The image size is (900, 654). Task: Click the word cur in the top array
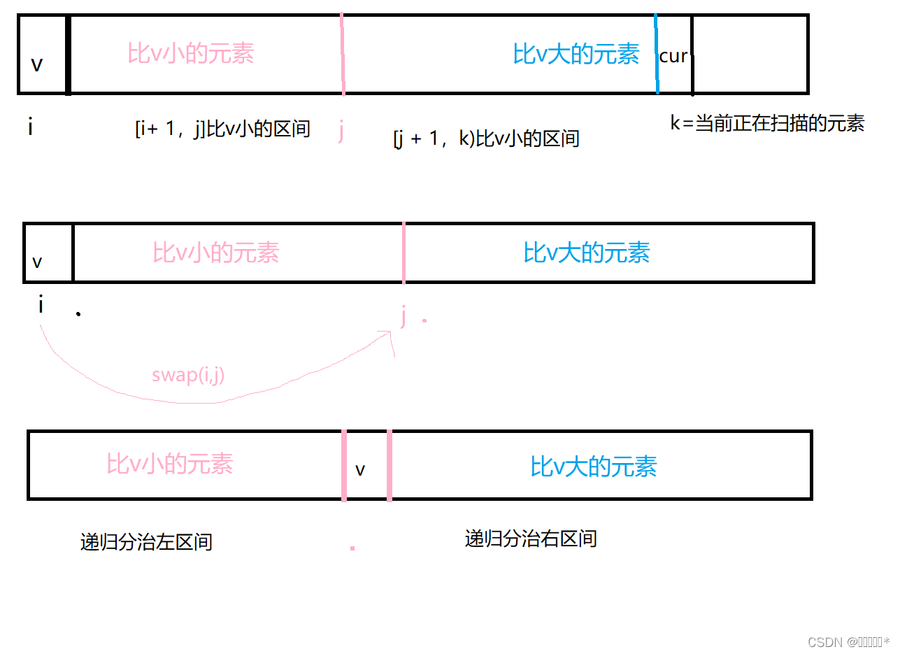673,57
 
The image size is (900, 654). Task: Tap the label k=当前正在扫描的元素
767,124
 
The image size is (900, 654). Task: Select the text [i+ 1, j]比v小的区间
222,129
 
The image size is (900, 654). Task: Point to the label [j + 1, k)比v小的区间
487,138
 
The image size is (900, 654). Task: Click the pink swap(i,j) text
188,375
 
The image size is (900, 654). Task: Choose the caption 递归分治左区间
146,542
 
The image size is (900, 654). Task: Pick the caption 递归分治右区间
531,539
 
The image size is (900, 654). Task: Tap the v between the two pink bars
360,470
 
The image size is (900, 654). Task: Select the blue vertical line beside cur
657,55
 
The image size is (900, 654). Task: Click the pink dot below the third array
352,548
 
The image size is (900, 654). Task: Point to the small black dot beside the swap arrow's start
78,314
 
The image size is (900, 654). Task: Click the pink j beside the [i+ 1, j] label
341,131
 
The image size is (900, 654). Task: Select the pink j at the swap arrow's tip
403,317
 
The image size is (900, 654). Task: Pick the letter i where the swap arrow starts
41,306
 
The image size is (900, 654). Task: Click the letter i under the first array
30,128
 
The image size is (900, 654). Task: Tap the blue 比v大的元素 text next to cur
576,54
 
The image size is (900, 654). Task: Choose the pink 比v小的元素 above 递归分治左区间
170,464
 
